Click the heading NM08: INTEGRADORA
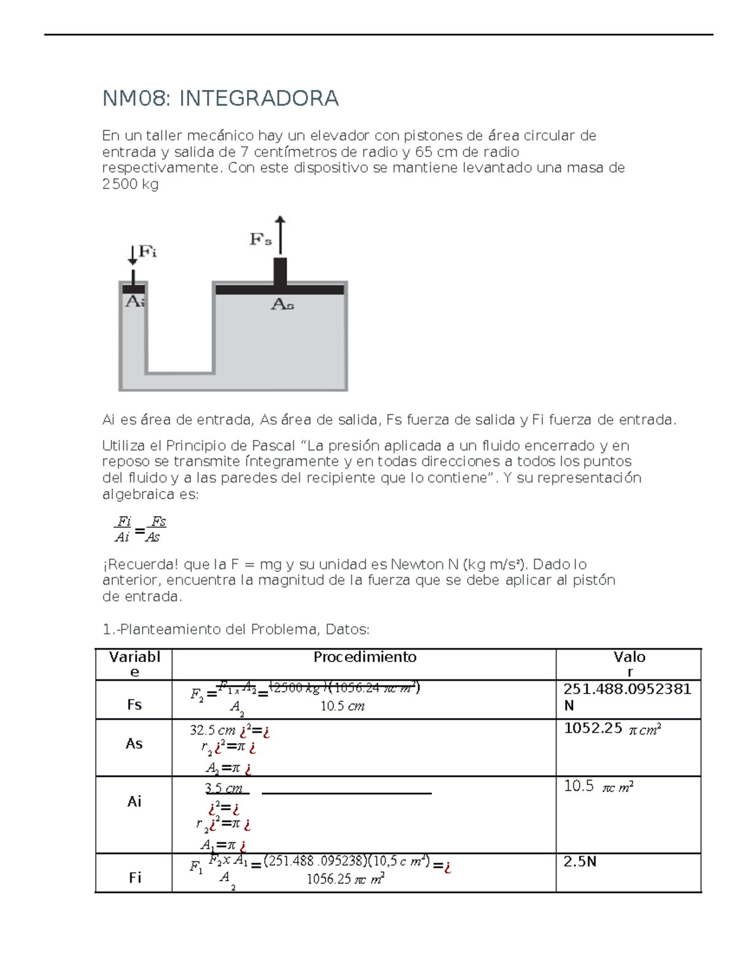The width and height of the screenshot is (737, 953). click(x=220, y=98)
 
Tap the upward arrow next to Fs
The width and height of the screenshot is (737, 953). click(x=280, y=234)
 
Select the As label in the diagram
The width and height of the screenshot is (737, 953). click(x=283, y=304)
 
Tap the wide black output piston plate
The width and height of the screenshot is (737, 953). click(x=280, y=290)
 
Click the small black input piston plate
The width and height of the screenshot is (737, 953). click(x=133, y=288)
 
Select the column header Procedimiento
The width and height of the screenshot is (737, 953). click(x=365, y=657)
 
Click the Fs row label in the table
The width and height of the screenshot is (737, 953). click(x=134, y=704)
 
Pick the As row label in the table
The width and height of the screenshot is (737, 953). click(x=134, y=744)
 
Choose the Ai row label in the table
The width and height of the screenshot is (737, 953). click(x=134, y=801)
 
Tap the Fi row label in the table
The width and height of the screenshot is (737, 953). click(x=135, y=878)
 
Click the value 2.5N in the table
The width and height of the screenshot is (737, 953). click(x=580, y=862)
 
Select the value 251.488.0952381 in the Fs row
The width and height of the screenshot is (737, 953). click(x=627, y=689)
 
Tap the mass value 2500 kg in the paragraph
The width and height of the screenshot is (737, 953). click(x=130, y=184)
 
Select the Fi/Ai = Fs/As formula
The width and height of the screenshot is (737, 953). click(x=140, y=529)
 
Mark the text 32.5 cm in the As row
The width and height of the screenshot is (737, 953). click(x=213, y=730)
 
